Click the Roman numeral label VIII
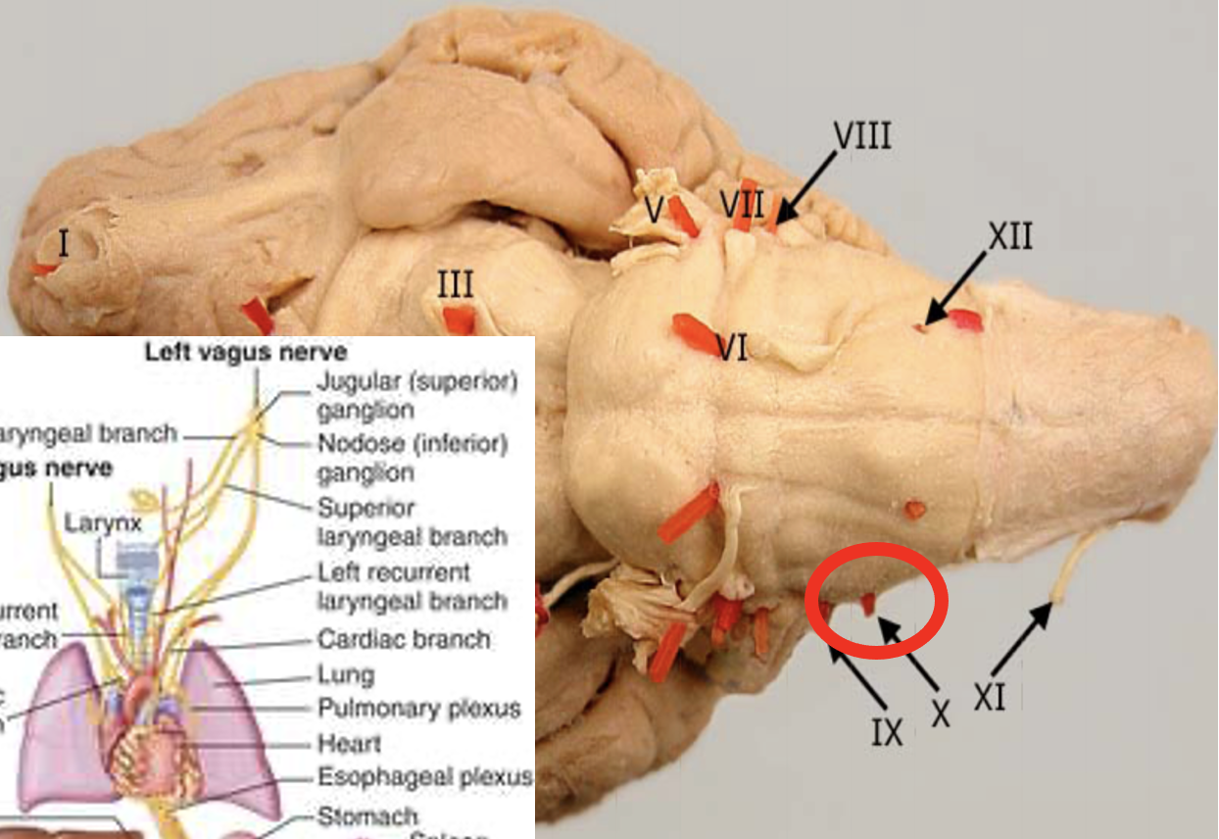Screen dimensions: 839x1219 (x=862, y=135)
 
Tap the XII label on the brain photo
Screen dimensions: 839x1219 (x=1009, y=236)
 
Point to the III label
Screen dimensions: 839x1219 (x=456, y=285)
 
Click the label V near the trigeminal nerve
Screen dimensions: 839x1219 (x=656, y=208)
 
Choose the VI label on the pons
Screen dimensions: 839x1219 (x=732, y=347)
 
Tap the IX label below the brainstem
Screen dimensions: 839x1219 (x=887, y=731)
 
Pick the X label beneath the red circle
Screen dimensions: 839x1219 (x=940, y=713)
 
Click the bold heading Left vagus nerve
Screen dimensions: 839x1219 (x=245, y=351)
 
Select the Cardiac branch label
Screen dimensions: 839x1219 (x=404, y=640)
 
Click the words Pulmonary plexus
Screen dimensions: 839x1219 (x=418, y=708)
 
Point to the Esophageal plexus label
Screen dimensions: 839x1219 (x=424, y=778)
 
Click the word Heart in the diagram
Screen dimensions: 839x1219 (x=349, y=744)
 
